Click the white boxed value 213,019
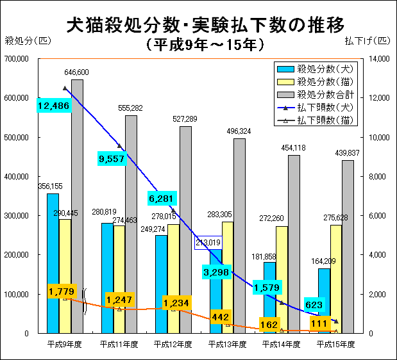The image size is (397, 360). [211, 243]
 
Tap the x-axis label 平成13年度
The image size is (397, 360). [228, 344]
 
